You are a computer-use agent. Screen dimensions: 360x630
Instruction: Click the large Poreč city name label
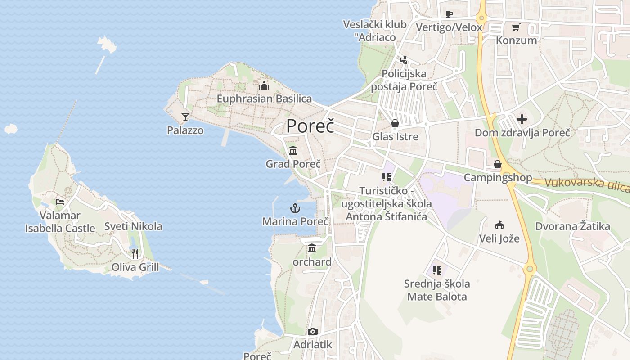pyautogui.click(x=310, y=126)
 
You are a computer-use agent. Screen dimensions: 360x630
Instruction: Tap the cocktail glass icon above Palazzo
pyautogui.click(x=185, y=117)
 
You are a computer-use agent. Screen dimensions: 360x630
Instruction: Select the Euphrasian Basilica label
pyautogui.click(x=264, y=99)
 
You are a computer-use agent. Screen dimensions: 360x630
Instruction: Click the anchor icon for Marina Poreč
pyautogui.click(x=295, y=208)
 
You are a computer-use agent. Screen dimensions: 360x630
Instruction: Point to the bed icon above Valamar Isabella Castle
pyautogui.click(x=60, y=202)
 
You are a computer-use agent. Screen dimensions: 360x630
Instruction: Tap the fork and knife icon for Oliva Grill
pyautogui.click(x=135, y=254)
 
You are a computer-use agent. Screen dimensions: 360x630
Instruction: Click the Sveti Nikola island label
pyautogui.click(x=133, y=226)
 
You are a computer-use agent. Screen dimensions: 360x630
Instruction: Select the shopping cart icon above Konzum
pyautogui.click(x=516, y=27)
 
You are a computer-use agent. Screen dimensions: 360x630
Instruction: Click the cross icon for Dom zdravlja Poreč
pyautogui.click(x=522, y=119)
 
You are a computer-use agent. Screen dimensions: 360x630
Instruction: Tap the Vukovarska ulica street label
pyautogui.click(x=587, y=184)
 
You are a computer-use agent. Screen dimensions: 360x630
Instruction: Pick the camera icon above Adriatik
pyautogui.click(x=312, y=332)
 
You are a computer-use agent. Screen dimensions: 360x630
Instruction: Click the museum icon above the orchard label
pyautogui.click(x=312, y=248)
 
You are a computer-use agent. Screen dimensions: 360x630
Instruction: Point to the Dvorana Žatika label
pyautogui.click(x=572, y=226)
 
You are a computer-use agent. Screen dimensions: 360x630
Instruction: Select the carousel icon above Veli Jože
pyautogui.click(x=499, y=225)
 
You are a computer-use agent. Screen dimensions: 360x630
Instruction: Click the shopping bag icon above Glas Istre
pyautogui.click(x=395, y=123)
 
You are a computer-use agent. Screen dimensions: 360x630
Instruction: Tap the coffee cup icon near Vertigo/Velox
pyautogui.click(x=449, y=14)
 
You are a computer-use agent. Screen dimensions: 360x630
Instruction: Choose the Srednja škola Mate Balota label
pyautogui.click(x=437, y=290)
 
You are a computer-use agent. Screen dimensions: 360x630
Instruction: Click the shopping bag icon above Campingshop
pyautogui.click(x=498, y=164)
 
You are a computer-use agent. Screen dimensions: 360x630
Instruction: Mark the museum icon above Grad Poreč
pyautogui.click(x=293, y=150)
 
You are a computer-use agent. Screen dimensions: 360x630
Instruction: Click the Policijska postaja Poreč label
pyautogui.click(x=404, y=80)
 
